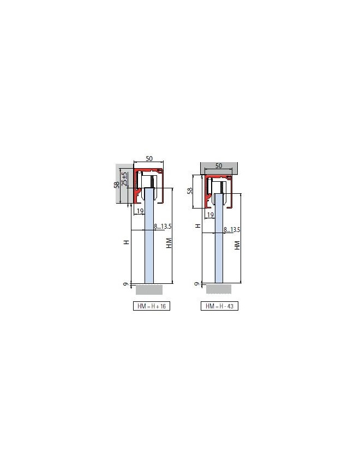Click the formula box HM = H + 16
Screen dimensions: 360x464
[152, 306]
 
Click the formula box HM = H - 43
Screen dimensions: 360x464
[219, 306]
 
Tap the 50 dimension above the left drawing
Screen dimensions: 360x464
[149, 159]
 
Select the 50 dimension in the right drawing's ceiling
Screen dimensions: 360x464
[218, 166]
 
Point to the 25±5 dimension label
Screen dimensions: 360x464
[125, 179]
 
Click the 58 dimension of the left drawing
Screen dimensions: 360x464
[117, 185]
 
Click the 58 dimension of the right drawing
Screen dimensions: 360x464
[190, 191]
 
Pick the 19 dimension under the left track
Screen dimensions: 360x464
[140, 211]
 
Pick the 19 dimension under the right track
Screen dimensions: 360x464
[210, 215]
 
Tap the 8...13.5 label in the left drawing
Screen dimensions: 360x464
[163, 227]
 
